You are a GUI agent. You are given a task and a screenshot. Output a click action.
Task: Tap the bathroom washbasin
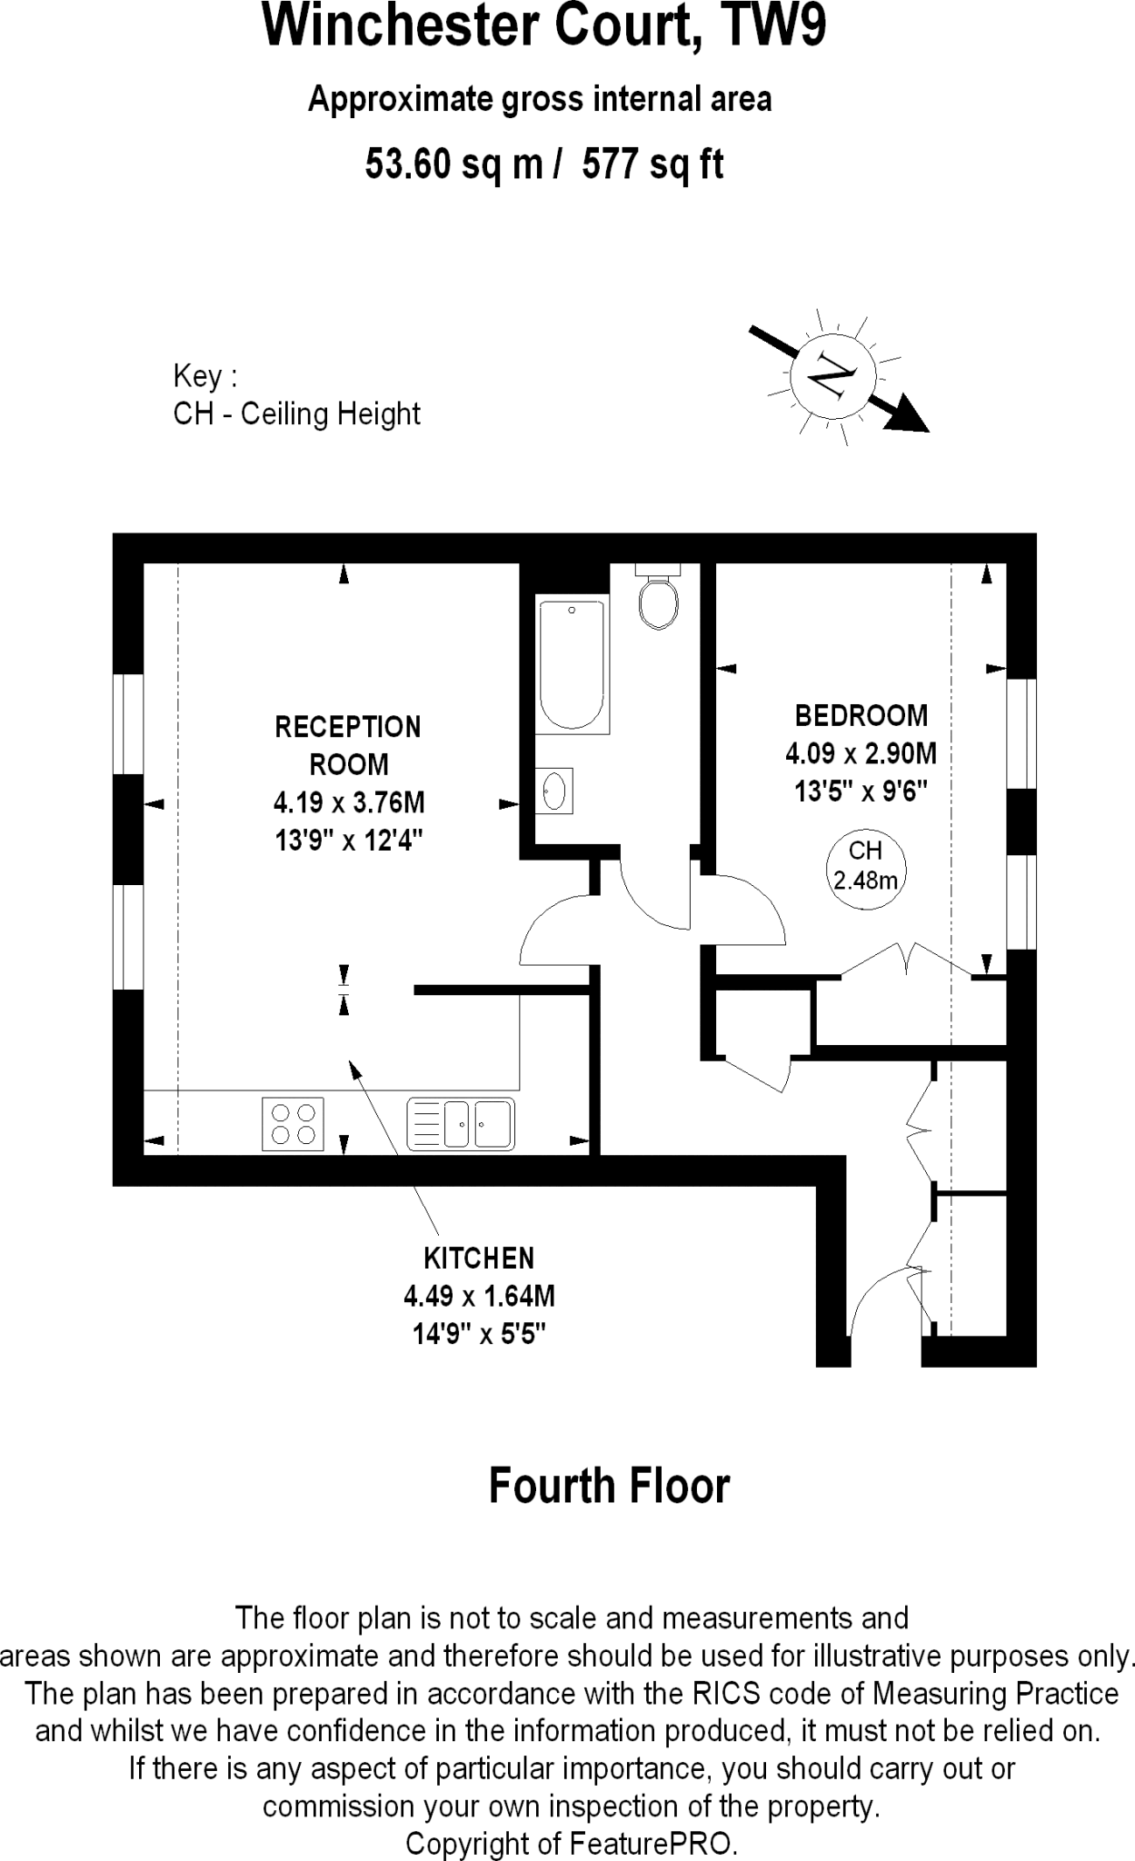pos(554,790)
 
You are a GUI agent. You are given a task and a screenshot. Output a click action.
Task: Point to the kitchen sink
pos(461,1124)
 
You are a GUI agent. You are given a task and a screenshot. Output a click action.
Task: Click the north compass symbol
pos(833,375)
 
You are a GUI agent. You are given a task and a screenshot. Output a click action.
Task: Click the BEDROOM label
pos(861,716)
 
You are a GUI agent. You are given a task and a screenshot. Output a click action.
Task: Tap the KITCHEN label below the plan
pos(479,1259)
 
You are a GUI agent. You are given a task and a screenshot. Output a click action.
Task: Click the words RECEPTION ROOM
pos(348,745)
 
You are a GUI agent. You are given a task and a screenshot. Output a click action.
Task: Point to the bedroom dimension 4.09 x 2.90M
pos(861,754)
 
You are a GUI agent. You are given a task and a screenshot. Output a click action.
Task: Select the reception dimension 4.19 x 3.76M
pos(349,803)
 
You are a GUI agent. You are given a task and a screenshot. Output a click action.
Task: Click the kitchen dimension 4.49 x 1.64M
pos(479,1296)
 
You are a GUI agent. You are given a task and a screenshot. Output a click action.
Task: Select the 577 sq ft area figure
pos(652,165)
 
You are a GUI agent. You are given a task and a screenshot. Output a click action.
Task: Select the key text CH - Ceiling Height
pos(296,414)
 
